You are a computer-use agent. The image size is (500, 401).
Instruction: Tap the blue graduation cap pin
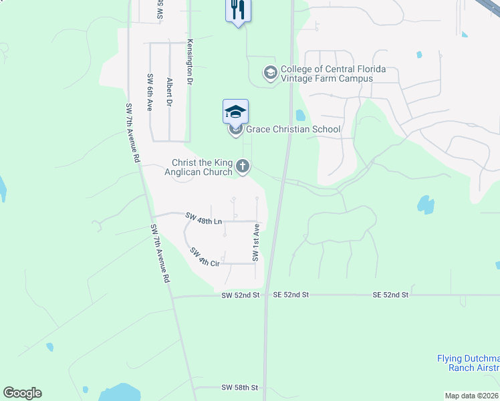(x=235, y=112)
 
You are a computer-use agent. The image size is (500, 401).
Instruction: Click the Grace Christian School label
(x=293, y=129)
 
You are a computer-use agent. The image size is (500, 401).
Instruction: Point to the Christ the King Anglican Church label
(x=201, y=167)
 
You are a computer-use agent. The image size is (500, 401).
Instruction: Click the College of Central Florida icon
(x=270, y=72)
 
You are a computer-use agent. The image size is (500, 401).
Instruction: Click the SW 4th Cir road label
(x=205, y=257)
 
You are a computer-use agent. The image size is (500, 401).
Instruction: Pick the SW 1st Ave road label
(x=255, y=243)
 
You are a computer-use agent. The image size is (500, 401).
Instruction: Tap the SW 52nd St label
(x=241, y=295)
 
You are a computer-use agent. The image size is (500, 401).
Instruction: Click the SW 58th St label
(x=239, y=388)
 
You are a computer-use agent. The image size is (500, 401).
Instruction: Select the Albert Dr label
(x=170, y=92)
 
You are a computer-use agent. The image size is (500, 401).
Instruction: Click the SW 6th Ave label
(x=150, y=92)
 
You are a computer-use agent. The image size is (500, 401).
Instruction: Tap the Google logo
(x=22, y=393)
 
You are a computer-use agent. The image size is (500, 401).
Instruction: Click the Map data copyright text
(x=472, y=396)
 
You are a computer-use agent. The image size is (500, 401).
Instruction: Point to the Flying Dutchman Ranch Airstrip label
(x=468, y=363)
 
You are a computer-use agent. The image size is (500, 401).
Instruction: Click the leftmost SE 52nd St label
(x=291, y=295)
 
